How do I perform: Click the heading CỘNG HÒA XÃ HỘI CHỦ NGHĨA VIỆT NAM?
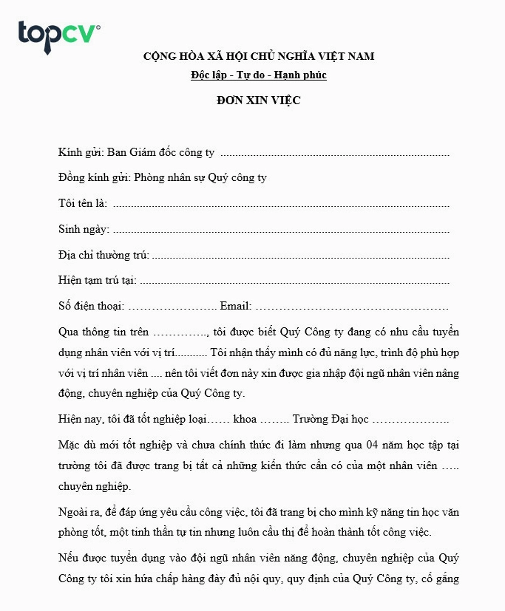[259, 56]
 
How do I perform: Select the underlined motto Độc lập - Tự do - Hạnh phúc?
[258, 75]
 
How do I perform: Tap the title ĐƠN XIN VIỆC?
[258, 100]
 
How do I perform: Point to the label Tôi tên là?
[82, 204]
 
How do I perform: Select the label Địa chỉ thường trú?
[104, 256]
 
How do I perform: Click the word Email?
[235, 307]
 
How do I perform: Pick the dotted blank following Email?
[351, 307]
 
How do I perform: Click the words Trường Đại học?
[330, 420]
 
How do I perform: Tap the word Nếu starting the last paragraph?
[68, 558]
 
